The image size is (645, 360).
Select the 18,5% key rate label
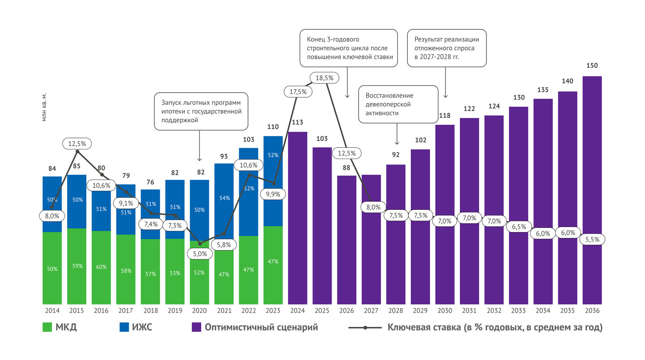click(x=324, y=78)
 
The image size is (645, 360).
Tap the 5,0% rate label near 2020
click(x=200, y=254)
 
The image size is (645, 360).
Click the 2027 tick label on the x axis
click(x=371, y=310)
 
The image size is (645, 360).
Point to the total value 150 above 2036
click(x=592, y=66)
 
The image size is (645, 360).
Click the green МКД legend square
click(x=47, y=327)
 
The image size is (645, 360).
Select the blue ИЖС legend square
click(x=124, y=327)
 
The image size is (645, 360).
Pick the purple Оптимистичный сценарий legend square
click(x=197, y=327)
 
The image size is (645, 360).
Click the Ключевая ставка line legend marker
click(x=365, y=328)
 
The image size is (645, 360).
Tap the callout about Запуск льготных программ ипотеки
click(x=201, y=111)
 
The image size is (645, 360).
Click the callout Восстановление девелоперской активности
click(x=398, y=104)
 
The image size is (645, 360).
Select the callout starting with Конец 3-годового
click(x=349, y=48)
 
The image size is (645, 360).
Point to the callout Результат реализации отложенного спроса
click(x=447, y=48)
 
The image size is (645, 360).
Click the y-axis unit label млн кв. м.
click(x=44, y=107)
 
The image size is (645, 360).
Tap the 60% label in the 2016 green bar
click(x=101, y=267)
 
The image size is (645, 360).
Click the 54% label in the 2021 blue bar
click(x=225, y=198)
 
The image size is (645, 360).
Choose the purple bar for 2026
click(x=347, y=240)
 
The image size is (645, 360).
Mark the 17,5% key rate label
click(x=298, y=92)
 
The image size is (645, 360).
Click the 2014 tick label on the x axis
click(x=52, y=310)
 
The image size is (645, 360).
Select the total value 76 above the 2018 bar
click(x=150, y=182)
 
